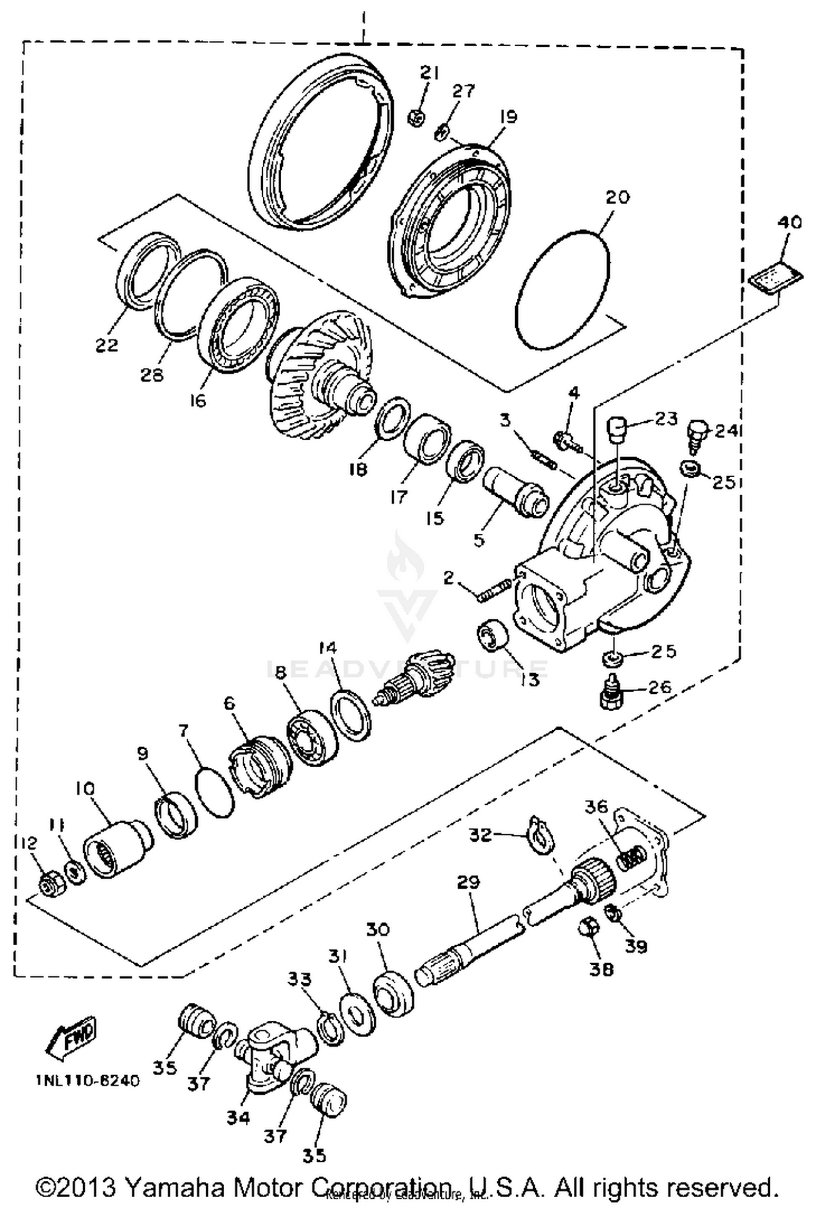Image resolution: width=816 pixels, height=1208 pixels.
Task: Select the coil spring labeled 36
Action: tap(633, 859)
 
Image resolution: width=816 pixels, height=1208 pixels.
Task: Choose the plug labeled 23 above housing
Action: tap(616, 430)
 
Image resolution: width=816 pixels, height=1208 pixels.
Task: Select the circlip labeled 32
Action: tap(540, 837)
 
